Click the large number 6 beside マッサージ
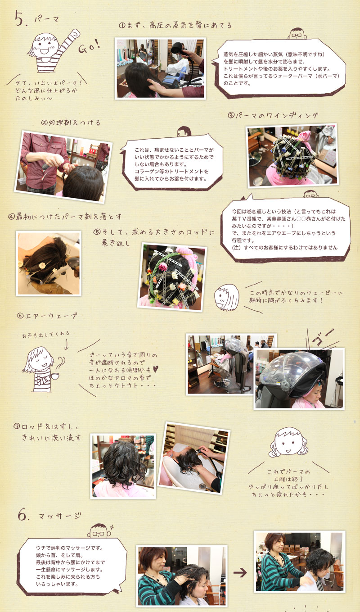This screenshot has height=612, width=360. [22, 515]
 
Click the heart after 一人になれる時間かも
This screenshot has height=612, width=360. [155, 369]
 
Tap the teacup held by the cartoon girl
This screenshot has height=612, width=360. [54, 376]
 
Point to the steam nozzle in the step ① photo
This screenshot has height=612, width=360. [178, 49]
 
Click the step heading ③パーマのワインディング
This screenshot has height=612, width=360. [273, 115]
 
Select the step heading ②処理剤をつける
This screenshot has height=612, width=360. [71, 122]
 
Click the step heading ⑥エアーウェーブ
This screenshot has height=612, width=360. [47, 316]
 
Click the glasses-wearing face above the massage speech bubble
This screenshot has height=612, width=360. [99, 531]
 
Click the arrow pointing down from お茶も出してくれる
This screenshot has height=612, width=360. [66, 345]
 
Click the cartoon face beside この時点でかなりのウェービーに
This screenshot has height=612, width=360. [226, 297]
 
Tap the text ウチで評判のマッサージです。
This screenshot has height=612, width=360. [70, 548]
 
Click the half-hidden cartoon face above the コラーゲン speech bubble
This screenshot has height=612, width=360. [184, 131]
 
